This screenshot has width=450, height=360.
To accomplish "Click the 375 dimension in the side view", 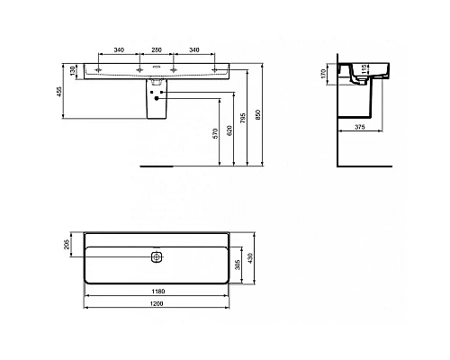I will click(359, 126).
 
